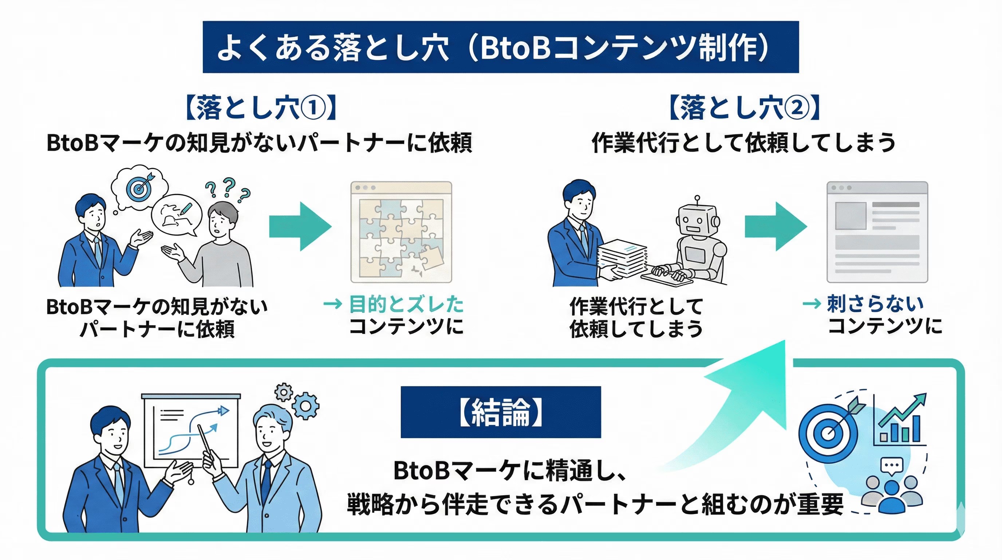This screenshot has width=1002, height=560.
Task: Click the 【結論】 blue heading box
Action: click(501, 412)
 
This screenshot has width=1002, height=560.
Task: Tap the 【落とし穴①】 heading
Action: click(261, 107)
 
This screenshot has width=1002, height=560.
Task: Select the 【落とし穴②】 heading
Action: click(744, 107)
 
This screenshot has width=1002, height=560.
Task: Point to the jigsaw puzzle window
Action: click(401, 232)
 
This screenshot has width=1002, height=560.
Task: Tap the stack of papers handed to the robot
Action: click(622, 258)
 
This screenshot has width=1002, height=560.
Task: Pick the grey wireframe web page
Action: click(877, 232)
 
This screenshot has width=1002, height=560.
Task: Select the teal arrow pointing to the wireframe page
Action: click(776, 226)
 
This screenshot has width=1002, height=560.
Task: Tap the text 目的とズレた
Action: click(406, 304)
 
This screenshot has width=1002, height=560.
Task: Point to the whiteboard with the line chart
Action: click(190, 430)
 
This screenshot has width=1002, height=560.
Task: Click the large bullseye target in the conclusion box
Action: click(828, 433)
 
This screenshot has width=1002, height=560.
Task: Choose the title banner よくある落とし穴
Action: click(501, 47)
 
